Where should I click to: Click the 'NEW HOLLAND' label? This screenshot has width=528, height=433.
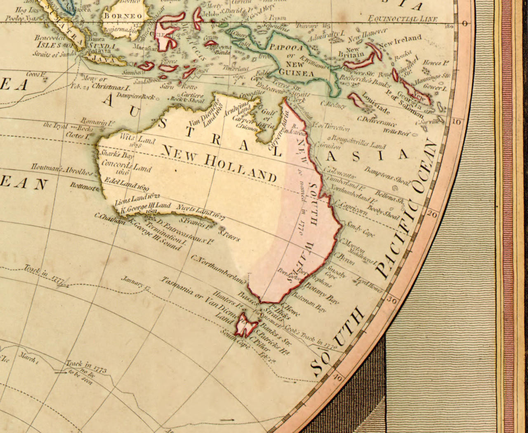pos(218,164)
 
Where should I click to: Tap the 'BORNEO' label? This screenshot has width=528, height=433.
pos(123,16)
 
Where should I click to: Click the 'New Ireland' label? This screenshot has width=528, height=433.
pos(400,41)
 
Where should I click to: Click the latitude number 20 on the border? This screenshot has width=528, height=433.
pos(432,214)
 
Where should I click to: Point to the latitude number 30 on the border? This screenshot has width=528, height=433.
pos(392,300)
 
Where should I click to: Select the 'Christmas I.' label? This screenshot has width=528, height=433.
pos(111,87)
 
